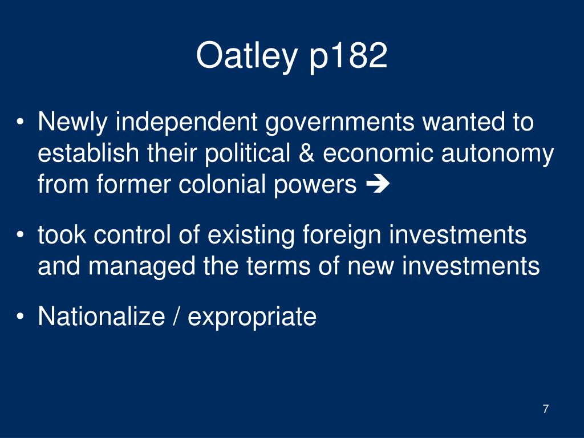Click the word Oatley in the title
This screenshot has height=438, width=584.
pos(246,56)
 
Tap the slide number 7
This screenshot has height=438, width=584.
pos(546,409)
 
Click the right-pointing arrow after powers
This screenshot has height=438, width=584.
pos(378,184)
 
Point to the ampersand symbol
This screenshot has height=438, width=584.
pos(306,153)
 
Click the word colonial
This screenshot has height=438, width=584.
pos(222,184)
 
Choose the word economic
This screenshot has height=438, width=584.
pos(378,153)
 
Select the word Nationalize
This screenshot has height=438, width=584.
pos(102,316)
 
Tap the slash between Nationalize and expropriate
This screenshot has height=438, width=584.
pos(176,317)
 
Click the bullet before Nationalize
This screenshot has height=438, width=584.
pos(20,317)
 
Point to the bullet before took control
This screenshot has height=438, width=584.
pos(20,234)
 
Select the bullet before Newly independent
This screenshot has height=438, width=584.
pos(20,122)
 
